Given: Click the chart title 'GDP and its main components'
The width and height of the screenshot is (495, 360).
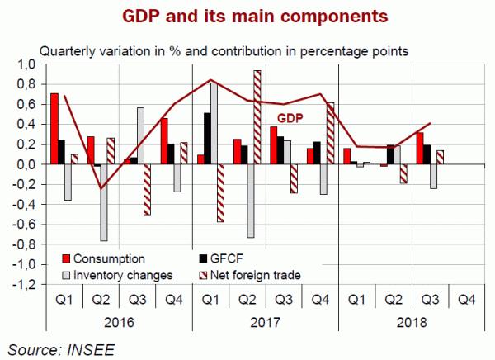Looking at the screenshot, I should pyautogui.click(x=247, y=16).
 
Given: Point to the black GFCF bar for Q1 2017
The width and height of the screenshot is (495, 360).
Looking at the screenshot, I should pyautogui.click(x=205, y=138).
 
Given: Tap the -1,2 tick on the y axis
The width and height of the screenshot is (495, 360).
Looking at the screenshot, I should pyautogui.click(x=24, y=284).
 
